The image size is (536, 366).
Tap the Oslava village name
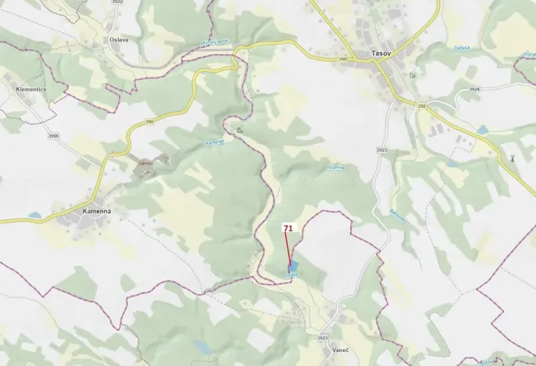click(119, 40)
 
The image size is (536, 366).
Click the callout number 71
click(288, 228)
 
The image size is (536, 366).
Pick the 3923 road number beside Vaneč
click(323, 338)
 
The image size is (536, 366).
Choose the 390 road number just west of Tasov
click(342, 59)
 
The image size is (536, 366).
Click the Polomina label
click(335, 167)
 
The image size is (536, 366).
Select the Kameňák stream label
click(215, 142)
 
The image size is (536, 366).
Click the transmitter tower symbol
click(513, 159)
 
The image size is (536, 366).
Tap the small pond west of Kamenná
click(34, 215)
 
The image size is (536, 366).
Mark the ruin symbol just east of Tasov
click(412, 75)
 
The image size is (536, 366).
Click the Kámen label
click(145, 163)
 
